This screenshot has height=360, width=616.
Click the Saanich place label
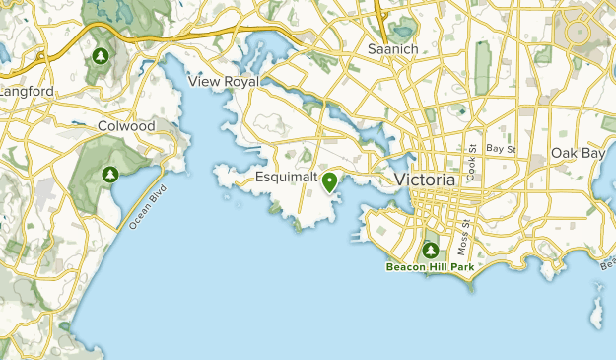coord(393,48)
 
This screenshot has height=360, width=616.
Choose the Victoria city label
coord(425,180)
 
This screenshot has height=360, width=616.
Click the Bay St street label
coord(502,148)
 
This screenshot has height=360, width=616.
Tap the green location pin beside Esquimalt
coord(329,181)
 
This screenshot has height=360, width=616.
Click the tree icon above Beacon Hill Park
coord(430,250)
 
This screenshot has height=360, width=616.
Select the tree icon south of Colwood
coord(109,176)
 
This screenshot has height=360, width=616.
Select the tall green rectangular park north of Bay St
coord(482,69)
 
